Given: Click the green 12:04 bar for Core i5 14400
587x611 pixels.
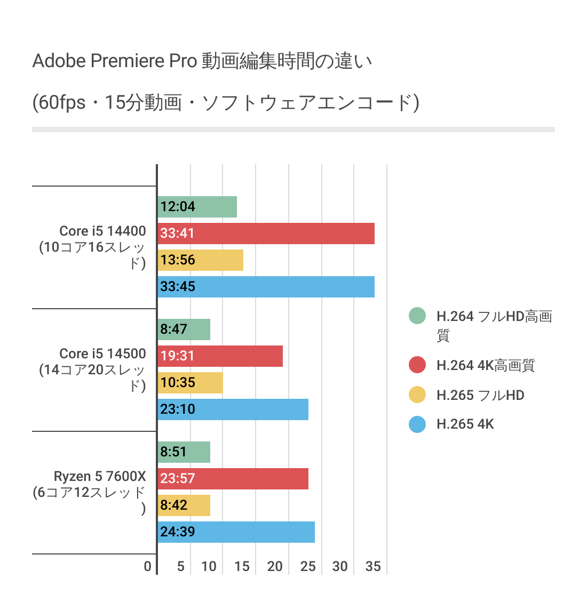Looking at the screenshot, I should (x=197, y=207).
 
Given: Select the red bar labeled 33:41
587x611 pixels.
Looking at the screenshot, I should (x=266, y=234).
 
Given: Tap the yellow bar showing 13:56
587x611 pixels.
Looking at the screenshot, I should (x=201, y=260).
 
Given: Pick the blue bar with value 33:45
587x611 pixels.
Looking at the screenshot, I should (x=266, y=287).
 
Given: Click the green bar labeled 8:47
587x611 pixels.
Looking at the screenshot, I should (x=184, y=329).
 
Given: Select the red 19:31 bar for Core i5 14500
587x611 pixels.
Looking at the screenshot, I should (x=220, y=356).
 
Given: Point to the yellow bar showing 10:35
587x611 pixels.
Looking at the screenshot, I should (x=190, y=383).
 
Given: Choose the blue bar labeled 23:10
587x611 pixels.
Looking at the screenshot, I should (x=233, y=409).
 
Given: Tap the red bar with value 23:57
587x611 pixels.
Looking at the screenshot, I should (x=233, y=479).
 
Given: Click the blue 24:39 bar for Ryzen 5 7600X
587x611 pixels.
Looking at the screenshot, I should (x=236, y=532).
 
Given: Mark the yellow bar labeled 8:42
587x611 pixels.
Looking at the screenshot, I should (x=184, y=505).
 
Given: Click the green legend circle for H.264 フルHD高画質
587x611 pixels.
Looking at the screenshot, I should (x=417, y=316).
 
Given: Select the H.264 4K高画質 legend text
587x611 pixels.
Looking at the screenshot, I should (x=485, y=365).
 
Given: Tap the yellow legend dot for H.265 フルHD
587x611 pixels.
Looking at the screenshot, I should (x=417, y=395).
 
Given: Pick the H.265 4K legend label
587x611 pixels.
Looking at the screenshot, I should (x=465, y=424).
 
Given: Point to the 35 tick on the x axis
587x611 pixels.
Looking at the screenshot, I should (x=373, y=566).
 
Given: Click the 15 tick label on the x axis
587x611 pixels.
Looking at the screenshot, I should (x=242, y=566).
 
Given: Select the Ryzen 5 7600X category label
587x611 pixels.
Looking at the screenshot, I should (x=100, y=476).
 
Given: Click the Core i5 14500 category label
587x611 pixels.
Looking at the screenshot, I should (x=102, y=353).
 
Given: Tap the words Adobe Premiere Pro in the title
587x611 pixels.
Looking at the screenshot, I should (x=115, y=61).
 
